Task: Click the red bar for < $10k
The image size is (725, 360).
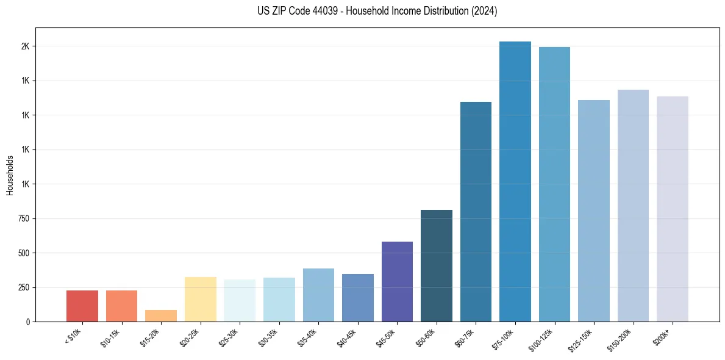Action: point(82,306)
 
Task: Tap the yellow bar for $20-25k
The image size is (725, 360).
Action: point(200,299)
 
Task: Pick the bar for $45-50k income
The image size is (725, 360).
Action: point(397,281)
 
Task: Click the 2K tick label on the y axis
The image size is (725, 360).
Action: point(26,46)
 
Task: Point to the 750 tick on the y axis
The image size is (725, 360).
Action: point(23,218)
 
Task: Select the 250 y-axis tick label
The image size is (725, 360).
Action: point(23,287)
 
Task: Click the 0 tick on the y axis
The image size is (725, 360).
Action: point(28,322)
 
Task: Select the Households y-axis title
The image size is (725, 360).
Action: point(10,175)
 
